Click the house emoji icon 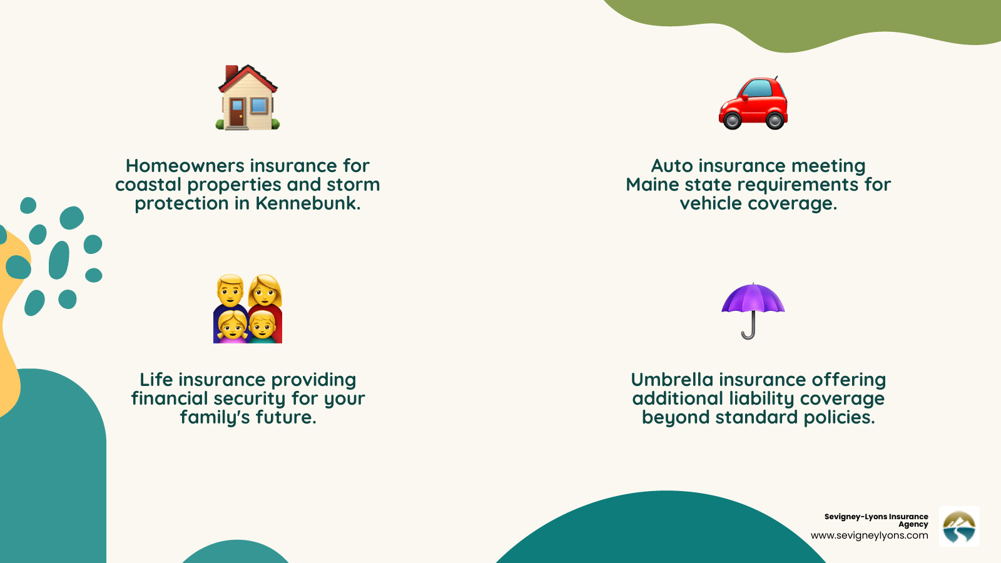pyautogui.click(x=248, y=98)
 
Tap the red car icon pyautogui.click(x=753, y=103)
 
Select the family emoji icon pyautogui.click(x=248, y=308)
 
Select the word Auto pyautogui.click(x=672, y=166)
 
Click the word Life pyautogui.click(x=156, y=380)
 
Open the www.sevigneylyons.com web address pyautogui.click(x=869, y=535)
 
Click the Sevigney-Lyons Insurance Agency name pyautogui.click(x=876, y=520)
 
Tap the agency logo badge pyautogui.click(x=959, y=527)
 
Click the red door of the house pyautogui.click(x=236, y=113)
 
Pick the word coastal pyautogui.click(x=148, y=185)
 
